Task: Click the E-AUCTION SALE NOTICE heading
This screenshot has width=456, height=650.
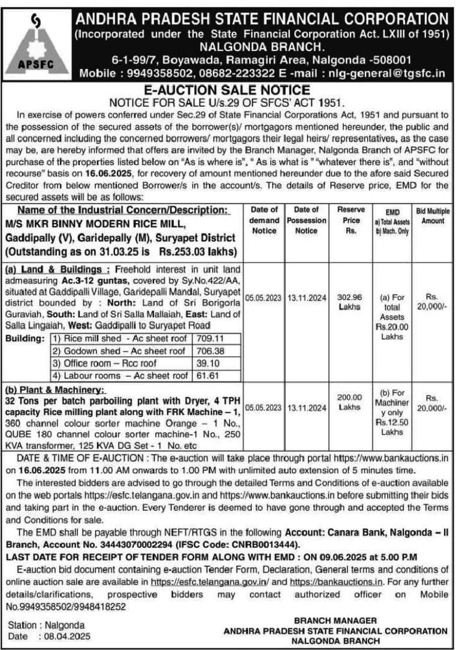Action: (x=228, y=91)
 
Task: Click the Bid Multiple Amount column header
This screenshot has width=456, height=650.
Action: (x=432, y=216)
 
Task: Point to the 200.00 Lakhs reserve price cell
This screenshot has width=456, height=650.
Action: (x=349, y=402)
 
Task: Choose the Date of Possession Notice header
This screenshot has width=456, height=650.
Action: (x=307, y=220)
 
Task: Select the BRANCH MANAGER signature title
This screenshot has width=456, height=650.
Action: (x=336, y=620)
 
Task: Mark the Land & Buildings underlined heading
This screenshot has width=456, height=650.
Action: (x=57, y=268)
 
